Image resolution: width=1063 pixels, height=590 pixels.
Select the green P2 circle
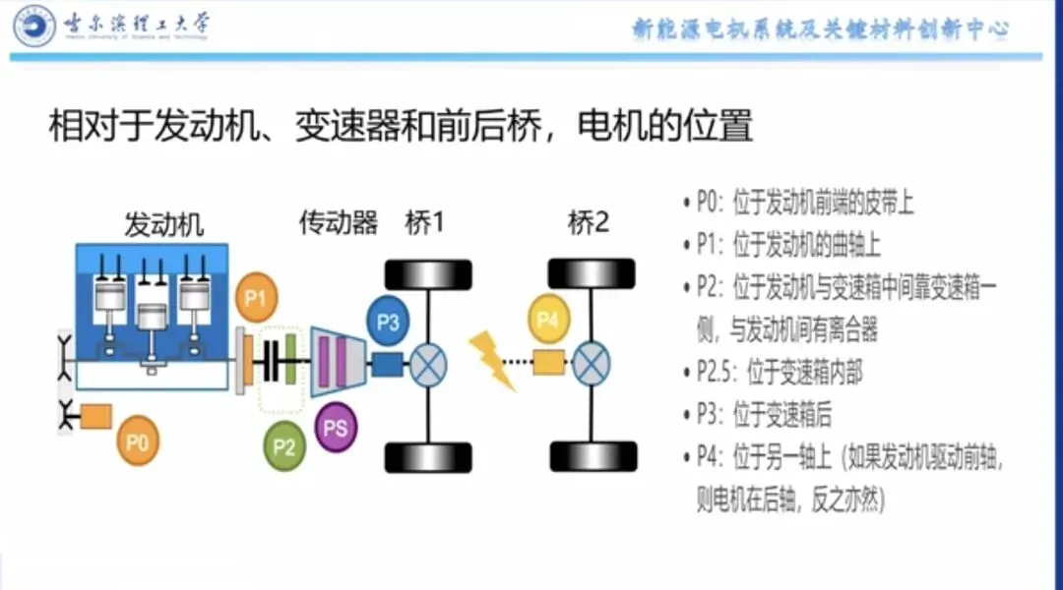coord(284,447)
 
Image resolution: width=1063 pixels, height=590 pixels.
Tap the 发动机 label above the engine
coord(163,224)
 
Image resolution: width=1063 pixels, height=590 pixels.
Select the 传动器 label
coord(338,223)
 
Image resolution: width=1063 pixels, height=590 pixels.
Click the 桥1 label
coord(425,223)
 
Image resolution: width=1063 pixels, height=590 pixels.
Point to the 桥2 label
coord(589,223)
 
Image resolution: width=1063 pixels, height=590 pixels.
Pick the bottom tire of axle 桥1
coord(428,457)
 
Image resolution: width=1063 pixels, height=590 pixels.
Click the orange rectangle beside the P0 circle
coord(95,416)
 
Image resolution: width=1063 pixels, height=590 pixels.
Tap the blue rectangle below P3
coord(387,365)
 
